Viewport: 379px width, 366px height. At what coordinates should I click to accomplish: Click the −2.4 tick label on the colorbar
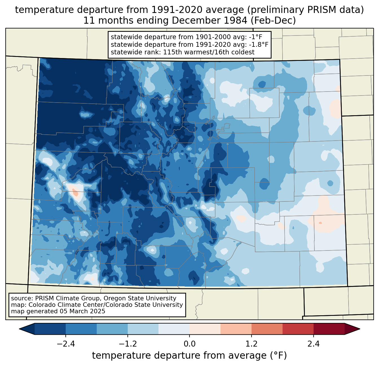(66, 344)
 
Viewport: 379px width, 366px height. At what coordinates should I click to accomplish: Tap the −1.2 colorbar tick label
(128, 344)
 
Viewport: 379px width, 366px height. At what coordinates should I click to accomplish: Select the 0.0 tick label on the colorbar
(189, 344)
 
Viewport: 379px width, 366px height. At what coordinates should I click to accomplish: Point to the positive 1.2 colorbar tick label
(252, 344)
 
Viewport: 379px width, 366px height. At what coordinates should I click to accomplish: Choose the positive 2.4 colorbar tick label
(314, 344)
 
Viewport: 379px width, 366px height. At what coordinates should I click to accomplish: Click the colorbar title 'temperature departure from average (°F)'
(189, 355)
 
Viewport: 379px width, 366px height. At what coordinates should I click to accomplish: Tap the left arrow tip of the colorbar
(19, 329)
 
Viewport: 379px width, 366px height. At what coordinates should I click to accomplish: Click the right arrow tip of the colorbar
(360, 329)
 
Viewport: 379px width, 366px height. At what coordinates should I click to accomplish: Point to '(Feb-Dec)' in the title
(273, 21)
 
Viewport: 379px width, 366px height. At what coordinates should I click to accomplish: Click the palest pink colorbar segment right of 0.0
(205, 329)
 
